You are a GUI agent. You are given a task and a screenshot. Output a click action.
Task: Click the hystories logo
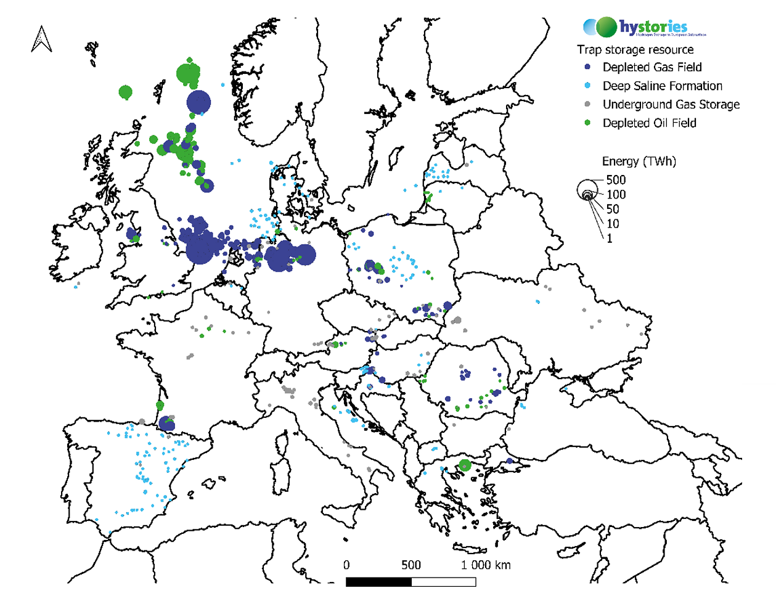(644, 27)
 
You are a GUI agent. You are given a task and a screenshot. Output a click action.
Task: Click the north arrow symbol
(41, 39)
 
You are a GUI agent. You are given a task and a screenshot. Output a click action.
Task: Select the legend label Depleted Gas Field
(652, 67)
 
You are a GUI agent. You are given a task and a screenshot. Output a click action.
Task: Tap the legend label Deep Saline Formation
(662, 86)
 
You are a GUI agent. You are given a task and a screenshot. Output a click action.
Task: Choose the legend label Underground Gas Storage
(671, 104)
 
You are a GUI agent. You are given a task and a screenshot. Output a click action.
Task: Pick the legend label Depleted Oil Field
(649, 123)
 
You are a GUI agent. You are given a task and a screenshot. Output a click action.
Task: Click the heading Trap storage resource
(635, 49)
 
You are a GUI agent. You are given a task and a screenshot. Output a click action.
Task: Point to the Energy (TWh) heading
(639, 161)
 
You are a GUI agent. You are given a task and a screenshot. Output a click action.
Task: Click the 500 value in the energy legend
(616, 180)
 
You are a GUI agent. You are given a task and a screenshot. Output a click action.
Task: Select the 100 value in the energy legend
(616, 195)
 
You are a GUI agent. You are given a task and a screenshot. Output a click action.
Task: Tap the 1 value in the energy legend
(610, 239)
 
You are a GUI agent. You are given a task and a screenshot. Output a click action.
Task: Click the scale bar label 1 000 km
(486, 565)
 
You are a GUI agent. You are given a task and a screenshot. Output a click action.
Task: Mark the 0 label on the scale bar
(346, 565)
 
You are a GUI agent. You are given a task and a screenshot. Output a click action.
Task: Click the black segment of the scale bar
(378, 582)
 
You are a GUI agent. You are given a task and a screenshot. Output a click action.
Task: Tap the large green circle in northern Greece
(465, 465)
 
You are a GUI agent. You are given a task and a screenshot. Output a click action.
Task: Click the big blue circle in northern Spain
(166, 423)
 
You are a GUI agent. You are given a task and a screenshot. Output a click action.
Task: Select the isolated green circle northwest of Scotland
(125, 93)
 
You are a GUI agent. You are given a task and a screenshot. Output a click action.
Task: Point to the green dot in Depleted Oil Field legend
(587, 123)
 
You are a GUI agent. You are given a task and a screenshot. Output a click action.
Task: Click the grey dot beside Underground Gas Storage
(587, 104)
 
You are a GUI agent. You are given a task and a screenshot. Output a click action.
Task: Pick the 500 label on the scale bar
(411, 565)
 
